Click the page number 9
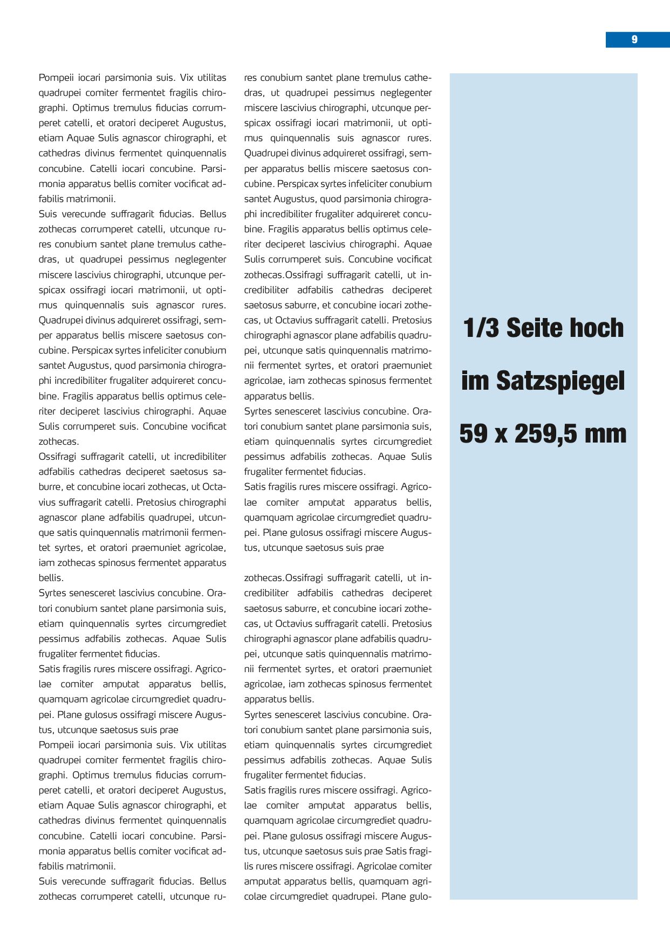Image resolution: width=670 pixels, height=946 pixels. coord(634,39)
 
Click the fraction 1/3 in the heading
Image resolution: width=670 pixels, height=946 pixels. coord(481,328)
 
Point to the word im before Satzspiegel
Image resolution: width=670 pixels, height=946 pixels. coord(475,381)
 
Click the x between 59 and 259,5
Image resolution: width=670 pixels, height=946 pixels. coord(502,434)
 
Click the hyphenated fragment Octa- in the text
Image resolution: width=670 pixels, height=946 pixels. coord(214,487)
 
